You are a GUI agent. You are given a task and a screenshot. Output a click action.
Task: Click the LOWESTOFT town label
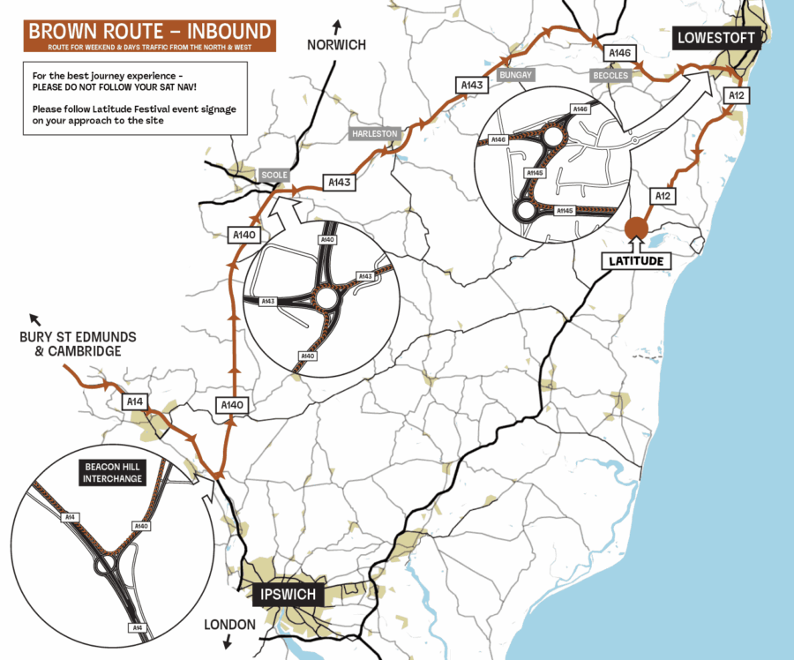715,37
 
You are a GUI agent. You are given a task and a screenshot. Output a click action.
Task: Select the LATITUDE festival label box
635,261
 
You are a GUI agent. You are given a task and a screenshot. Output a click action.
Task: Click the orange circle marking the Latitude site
635,228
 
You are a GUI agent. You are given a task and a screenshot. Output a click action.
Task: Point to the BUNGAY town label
516,76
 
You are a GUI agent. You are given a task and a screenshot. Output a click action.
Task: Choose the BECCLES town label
610,76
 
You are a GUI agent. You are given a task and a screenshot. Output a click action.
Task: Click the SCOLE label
274,175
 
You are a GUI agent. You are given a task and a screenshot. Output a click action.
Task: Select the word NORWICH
335,45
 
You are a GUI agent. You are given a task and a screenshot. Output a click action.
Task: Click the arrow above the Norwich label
337,25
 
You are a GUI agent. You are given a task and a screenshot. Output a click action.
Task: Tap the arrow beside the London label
228,643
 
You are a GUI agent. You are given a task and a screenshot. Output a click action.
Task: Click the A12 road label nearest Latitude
662,196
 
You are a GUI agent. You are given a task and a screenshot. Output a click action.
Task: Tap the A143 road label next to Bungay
471,85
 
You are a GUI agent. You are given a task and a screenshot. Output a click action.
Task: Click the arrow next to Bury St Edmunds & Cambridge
34,319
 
